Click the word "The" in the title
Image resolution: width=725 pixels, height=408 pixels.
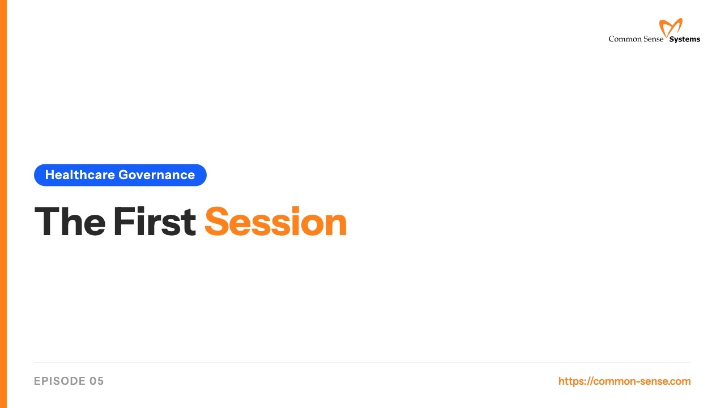[x=69, y=222]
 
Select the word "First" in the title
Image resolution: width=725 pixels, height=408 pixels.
[x=154, y=222]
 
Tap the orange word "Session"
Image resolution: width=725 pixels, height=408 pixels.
[x=275, y=222]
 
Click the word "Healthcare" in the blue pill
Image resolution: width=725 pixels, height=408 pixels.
[x=80, y=175]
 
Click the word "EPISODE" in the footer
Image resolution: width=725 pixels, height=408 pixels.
[x=59, y=381]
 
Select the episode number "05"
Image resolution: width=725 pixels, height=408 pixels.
[x=97, y=381]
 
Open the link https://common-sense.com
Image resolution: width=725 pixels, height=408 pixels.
[x=624, y=381]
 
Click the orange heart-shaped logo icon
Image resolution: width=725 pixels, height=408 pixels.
[x=671, y=27]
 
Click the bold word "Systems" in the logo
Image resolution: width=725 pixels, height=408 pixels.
[x=685, y=40]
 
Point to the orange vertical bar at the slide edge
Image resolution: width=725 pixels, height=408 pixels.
[x=3, y=204]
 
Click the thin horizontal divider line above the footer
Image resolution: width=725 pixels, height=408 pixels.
[x=362, y=362]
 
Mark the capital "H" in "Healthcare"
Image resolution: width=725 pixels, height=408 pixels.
[x=49, y=175]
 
